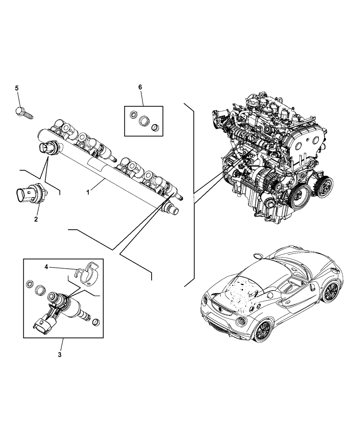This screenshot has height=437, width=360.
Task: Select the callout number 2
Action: [36, 219]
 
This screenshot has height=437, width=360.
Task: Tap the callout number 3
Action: [60, 355]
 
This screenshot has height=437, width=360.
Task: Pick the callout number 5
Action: [17, 88]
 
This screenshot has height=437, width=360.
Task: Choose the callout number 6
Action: [140, 87]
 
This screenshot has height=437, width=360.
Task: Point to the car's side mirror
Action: [257, 255]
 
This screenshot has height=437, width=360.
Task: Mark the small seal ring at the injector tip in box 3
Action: [96, 322]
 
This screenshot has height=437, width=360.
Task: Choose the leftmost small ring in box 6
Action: [132, 115]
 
